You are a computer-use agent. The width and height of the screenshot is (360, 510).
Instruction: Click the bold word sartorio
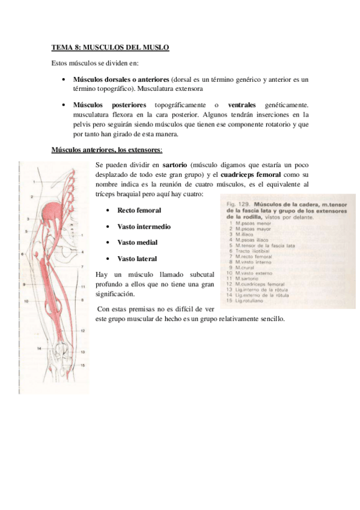point(175,164)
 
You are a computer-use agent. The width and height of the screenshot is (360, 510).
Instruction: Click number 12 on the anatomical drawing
point(82,331)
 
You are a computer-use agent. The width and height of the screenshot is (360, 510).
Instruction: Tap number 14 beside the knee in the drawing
point(38,349)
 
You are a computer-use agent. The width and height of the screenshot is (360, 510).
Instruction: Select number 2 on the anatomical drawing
point(31,197)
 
